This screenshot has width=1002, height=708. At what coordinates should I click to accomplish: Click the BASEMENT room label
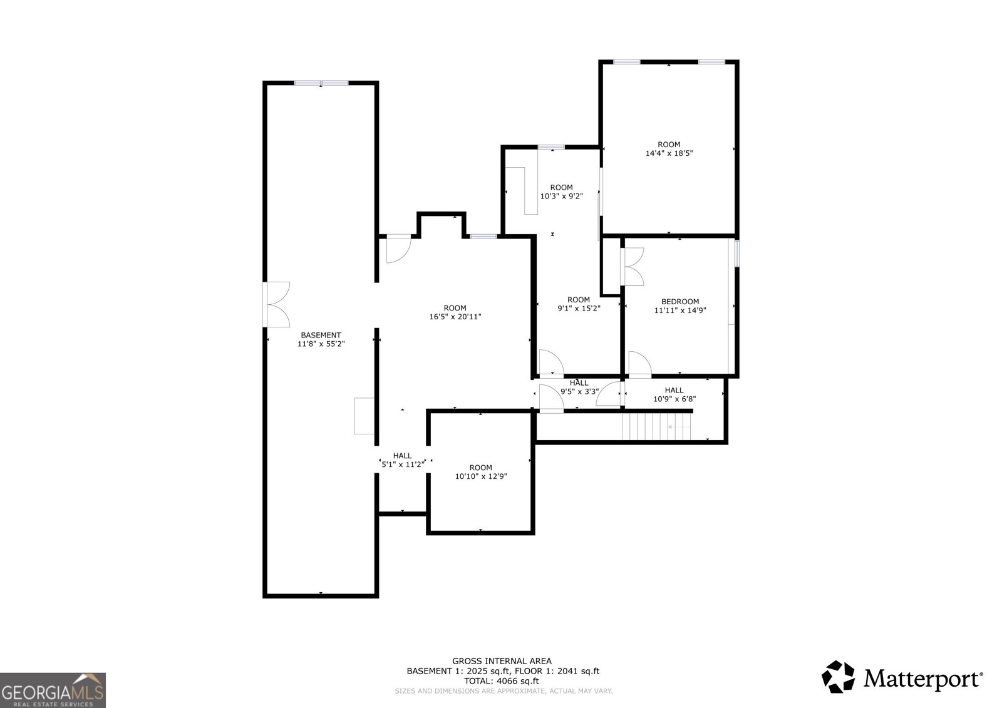321,335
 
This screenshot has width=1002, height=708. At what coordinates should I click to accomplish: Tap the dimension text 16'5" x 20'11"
455,317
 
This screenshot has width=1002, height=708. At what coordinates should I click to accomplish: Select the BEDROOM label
680,302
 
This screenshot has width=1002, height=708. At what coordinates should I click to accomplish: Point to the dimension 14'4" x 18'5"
669,153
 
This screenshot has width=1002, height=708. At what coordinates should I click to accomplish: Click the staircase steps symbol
656,426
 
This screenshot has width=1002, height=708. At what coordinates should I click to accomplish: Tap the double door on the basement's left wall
276,305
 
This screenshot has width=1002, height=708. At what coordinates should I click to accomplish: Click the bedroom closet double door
632,267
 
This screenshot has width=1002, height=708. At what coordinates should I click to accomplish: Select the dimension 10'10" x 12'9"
480,476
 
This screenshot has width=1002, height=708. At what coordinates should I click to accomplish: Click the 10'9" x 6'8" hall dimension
674,399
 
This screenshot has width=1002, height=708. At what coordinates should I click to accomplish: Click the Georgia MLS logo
53,690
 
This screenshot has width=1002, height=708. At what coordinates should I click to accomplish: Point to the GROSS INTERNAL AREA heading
502,661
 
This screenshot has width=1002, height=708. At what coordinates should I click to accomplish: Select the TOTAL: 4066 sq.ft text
501,681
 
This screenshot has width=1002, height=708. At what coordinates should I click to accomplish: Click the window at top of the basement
321,83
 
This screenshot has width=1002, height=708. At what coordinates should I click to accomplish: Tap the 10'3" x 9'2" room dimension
561,196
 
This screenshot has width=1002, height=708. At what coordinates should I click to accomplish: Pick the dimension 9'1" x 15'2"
579,308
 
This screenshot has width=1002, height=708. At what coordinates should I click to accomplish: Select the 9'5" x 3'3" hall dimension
579,391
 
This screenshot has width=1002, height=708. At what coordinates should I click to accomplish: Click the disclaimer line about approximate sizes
504,691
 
